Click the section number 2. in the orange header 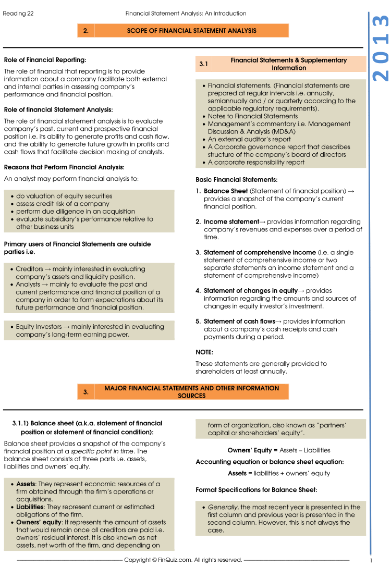85,31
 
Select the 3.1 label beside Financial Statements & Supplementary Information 204,64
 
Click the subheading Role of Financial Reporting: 45,60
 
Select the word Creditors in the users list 30,269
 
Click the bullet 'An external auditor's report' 249,139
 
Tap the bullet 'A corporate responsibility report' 256,162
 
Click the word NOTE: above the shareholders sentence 204,352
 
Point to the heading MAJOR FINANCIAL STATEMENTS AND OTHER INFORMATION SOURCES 191,392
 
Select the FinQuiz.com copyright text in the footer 183,560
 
